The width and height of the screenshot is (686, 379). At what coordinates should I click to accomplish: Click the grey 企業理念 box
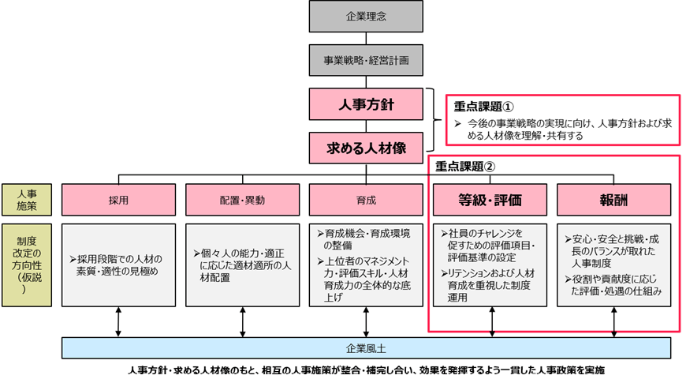(x=366, y=17)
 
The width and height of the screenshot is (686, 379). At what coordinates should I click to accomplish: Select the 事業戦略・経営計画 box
(x=366, y=59)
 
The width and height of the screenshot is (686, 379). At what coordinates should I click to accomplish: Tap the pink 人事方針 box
(x=366, y=103)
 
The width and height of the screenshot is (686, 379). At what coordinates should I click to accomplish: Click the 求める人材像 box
(x=366, y=145)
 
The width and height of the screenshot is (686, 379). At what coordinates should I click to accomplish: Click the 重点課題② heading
(x=466, y=167)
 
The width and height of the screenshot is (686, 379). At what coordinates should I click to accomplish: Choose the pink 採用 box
(x=118, y=200)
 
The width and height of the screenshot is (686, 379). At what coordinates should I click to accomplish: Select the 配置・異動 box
(x=242, y=200)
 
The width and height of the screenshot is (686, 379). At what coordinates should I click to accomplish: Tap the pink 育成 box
(x=366, y=200)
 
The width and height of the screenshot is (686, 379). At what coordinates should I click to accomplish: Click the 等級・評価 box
(x=490, y=200)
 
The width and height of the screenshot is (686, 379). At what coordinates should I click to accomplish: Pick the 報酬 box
(x=613, y=200)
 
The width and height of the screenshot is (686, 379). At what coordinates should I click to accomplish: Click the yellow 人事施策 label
(x=25, y=200)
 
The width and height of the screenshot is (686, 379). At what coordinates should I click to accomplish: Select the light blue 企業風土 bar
(x=366, y=347)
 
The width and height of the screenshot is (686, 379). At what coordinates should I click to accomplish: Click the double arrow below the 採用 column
(x=118, y=322)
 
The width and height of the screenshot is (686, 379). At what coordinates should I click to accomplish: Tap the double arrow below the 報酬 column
(x=613, y=322)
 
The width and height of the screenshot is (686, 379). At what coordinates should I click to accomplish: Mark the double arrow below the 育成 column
(x=366, y=322)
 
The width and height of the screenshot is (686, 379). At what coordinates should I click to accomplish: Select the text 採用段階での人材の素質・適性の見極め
(x=118, y=265)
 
